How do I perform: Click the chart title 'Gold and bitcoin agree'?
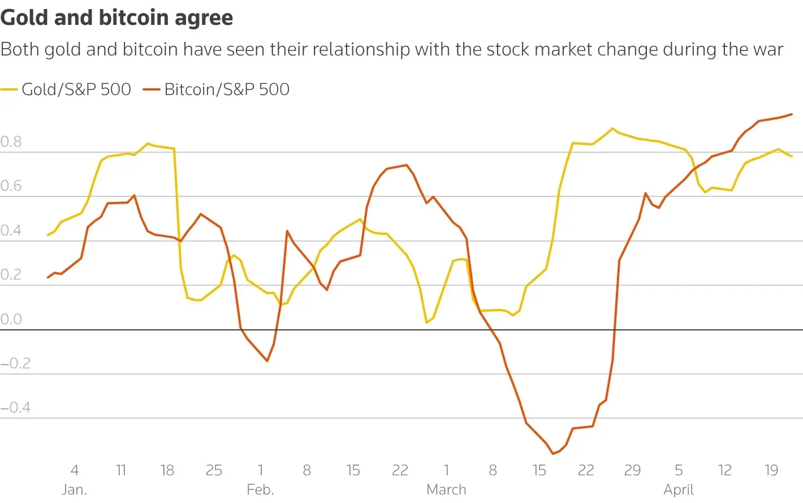point(116,18)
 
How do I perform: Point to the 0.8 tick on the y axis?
point(11,141)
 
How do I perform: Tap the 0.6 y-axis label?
point(11,186)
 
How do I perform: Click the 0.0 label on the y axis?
point(11,319)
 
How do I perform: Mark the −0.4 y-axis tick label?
point(15,407)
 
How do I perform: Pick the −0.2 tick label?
point(15,363)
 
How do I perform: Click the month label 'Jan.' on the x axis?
point(74,489)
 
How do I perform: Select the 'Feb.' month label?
point(260,489)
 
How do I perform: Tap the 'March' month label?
point(446,489)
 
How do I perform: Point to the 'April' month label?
point(679,489)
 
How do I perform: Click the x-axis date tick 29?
point(632,470)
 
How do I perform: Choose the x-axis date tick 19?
point(771,470)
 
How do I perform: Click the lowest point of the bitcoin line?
point(553,454)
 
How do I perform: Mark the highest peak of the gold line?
point(612,128)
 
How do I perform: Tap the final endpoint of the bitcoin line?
point(792,114)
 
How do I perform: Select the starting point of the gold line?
point(48,235)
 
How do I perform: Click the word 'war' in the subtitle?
point(767,50)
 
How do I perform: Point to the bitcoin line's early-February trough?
point(267,361)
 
